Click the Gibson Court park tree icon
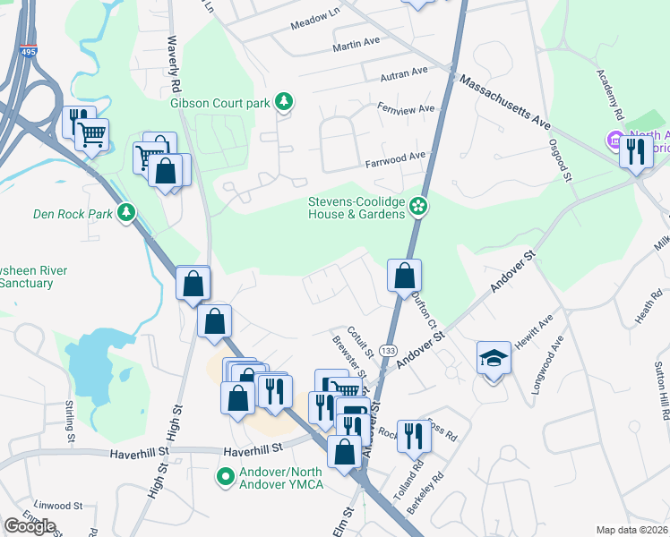tap(284, 103)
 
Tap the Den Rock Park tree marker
tap(127, 213)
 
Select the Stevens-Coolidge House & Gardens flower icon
tap(417, 208)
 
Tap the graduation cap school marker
tap(494, 359)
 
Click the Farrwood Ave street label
tap(395, 158)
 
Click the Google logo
tap(30, 526)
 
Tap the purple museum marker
tap(614, 141)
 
